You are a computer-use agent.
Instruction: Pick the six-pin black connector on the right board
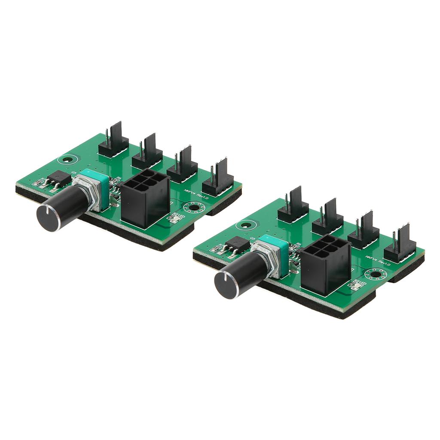coord(325,264)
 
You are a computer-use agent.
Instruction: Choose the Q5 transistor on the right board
coord(238,245)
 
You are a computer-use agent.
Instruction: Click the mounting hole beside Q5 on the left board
coord(66,160)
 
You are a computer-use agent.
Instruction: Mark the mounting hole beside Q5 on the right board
coord(245,225)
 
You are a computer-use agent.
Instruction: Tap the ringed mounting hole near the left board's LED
coord(195,209)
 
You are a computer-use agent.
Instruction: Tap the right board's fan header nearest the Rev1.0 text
coord(400,245)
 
